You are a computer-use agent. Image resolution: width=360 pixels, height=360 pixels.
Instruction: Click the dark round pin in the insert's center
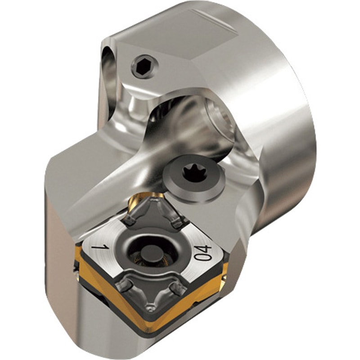(x=148, y=254)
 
